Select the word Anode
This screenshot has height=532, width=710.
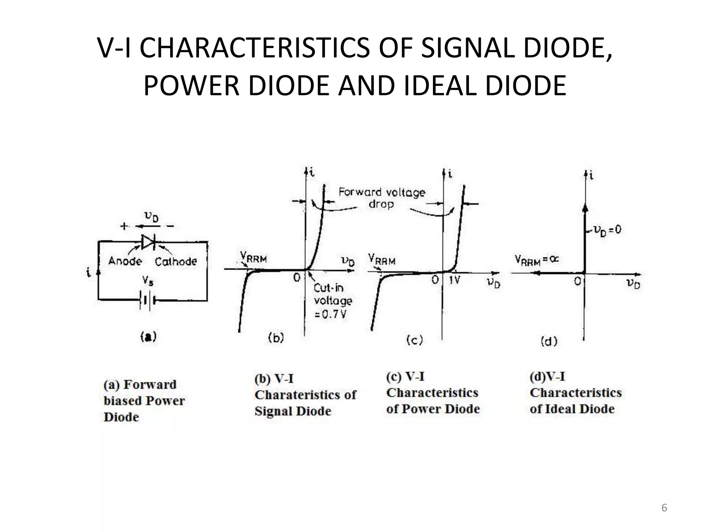[125, 261]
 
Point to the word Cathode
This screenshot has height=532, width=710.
[175, 261]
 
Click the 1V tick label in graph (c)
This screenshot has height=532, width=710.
[454, 280]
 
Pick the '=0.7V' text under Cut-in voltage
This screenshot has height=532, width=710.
[330, 314]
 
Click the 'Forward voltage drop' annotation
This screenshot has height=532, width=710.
[382, 198]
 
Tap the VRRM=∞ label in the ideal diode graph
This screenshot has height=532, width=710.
[536, 260]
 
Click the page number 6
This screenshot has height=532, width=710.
[664, 508]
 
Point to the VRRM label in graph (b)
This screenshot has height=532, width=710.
[253, 258]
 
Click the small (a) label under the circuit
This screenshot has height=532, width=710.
[148, 337]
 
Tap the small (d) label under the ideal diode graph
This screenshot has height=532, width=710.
[549, 342]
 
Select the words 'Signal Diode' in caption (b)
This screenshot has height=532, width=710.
[293, 411]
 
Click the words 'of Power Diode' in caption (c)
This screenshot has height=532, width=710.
[433, 409]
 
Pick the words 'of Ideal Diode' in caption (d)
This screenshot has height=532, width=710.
[572, 409]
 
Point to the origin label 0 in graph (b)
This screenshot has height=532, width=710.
[297, 277]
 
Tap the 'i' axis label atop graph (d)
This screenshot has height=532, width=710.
[591, 176]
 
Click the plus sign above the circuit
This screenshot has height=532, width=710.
[124, 227]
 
